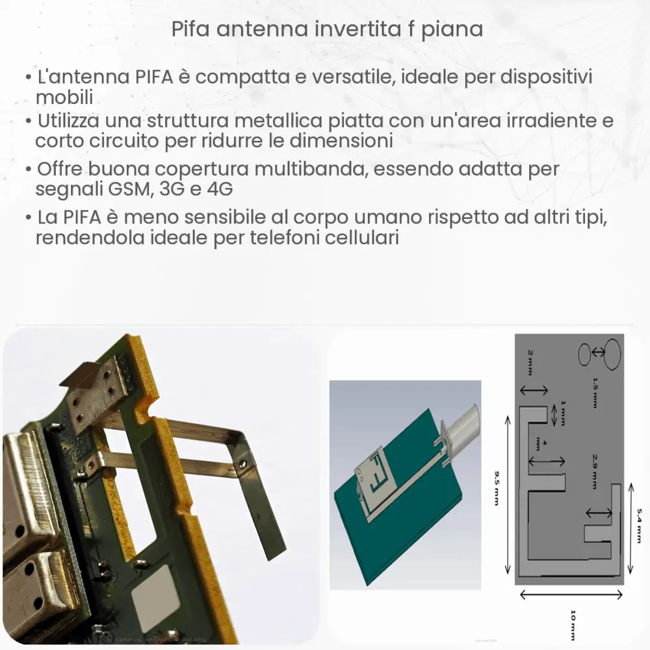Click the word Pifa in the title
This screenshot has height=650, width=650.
pos(189,30)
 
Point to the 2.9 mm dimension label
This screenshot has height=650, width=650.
pos(594,472)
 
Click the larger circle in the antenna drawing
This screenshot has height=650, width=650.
pos(611,354)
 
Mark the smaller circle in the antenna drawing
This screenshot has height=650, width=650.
pos(584,354)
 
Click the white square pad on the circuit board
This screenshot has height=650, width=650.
pos(155,590)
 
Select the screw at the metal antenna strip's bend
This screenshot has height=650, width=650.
pos(242,465)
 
